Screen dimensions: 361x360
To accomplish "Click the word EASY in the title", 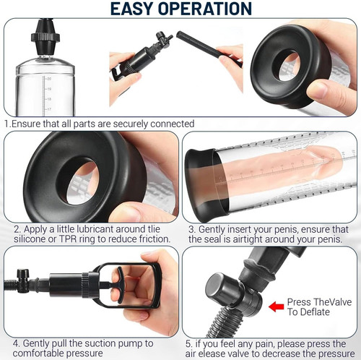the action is pyautogui.click(x=132, y=9).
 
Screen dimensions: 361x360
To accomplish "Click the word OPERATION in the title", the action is pyautogui.click(x=205, y=9).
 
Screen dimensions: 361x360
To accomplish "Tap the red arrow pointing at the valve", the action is pyautogui.click(x=276, y=307).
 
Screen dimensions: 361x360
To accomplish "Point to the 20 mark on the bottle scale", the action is pyautogui.click(x=49, y=79).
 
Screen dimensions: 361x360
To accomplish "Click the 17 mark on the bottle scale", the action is pyautogui.click(x=49, y=109).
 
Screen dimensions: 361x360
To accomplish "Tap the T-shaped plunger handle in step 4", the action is pyautogui.click(x=118, y=285).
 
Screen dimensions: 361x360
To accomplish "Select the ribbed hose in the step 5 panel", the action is pyautogui.click(x=225, y=322).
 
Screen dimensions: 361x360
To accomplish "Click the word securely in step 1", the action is pyautogui.click(x=130, y=124).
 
